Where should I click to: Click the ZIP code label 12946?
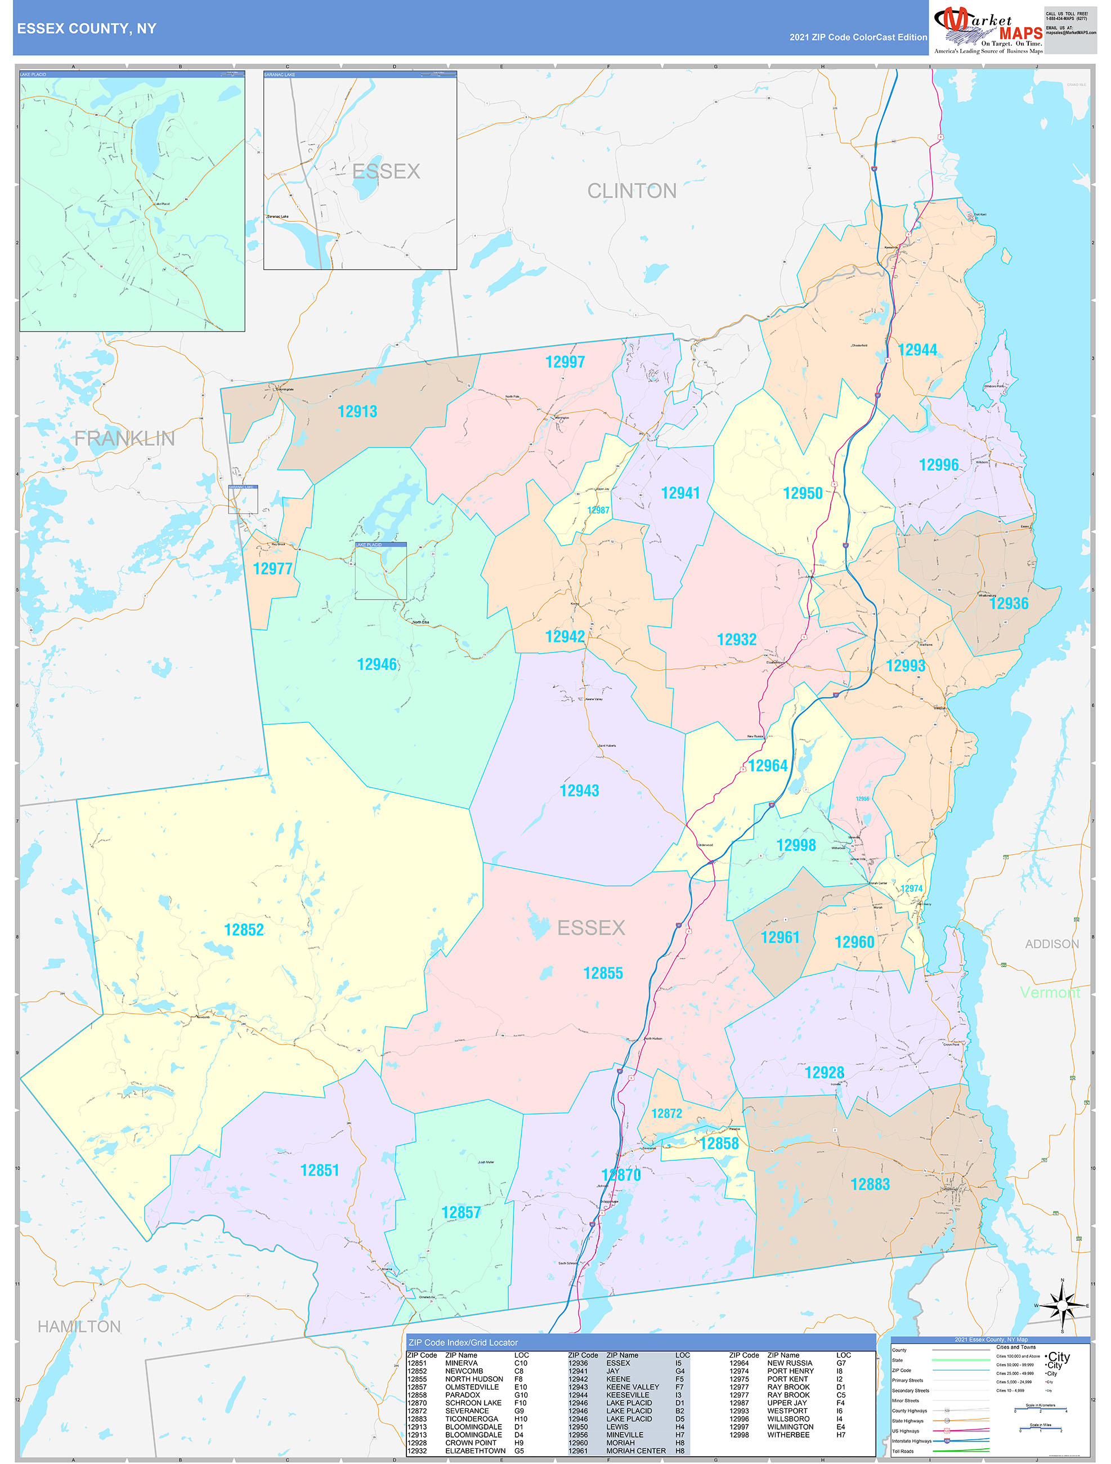377,664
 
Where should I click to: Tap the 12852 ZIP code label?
244,930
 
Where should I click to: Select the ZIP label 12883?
870,1185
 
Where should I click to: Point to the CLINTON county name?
631,191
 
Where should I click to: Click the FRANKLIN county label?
124,438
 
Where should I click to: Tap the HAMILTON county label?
79,1327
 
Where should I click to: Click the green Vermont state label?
1050,992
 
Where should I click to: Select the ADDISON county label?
1051,944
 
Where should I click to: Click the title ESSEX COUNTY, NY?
87,29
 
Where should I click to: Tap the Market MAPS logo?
988,29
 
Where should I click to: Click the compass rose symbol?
1062,1306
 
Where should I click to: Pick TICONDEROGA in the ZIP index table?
471,1418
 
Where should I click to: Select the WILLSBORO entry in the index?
788,1418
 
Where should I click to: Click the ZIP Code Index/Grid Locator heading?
463,1342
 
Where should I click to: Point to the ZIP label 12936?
1009,603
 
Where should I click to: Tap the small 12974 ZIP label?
911,889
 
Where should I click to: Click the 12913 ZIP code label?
357,412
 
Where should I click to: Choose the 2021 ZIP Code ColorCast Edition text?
858,37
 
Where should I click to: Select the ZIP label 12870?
621,1176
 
